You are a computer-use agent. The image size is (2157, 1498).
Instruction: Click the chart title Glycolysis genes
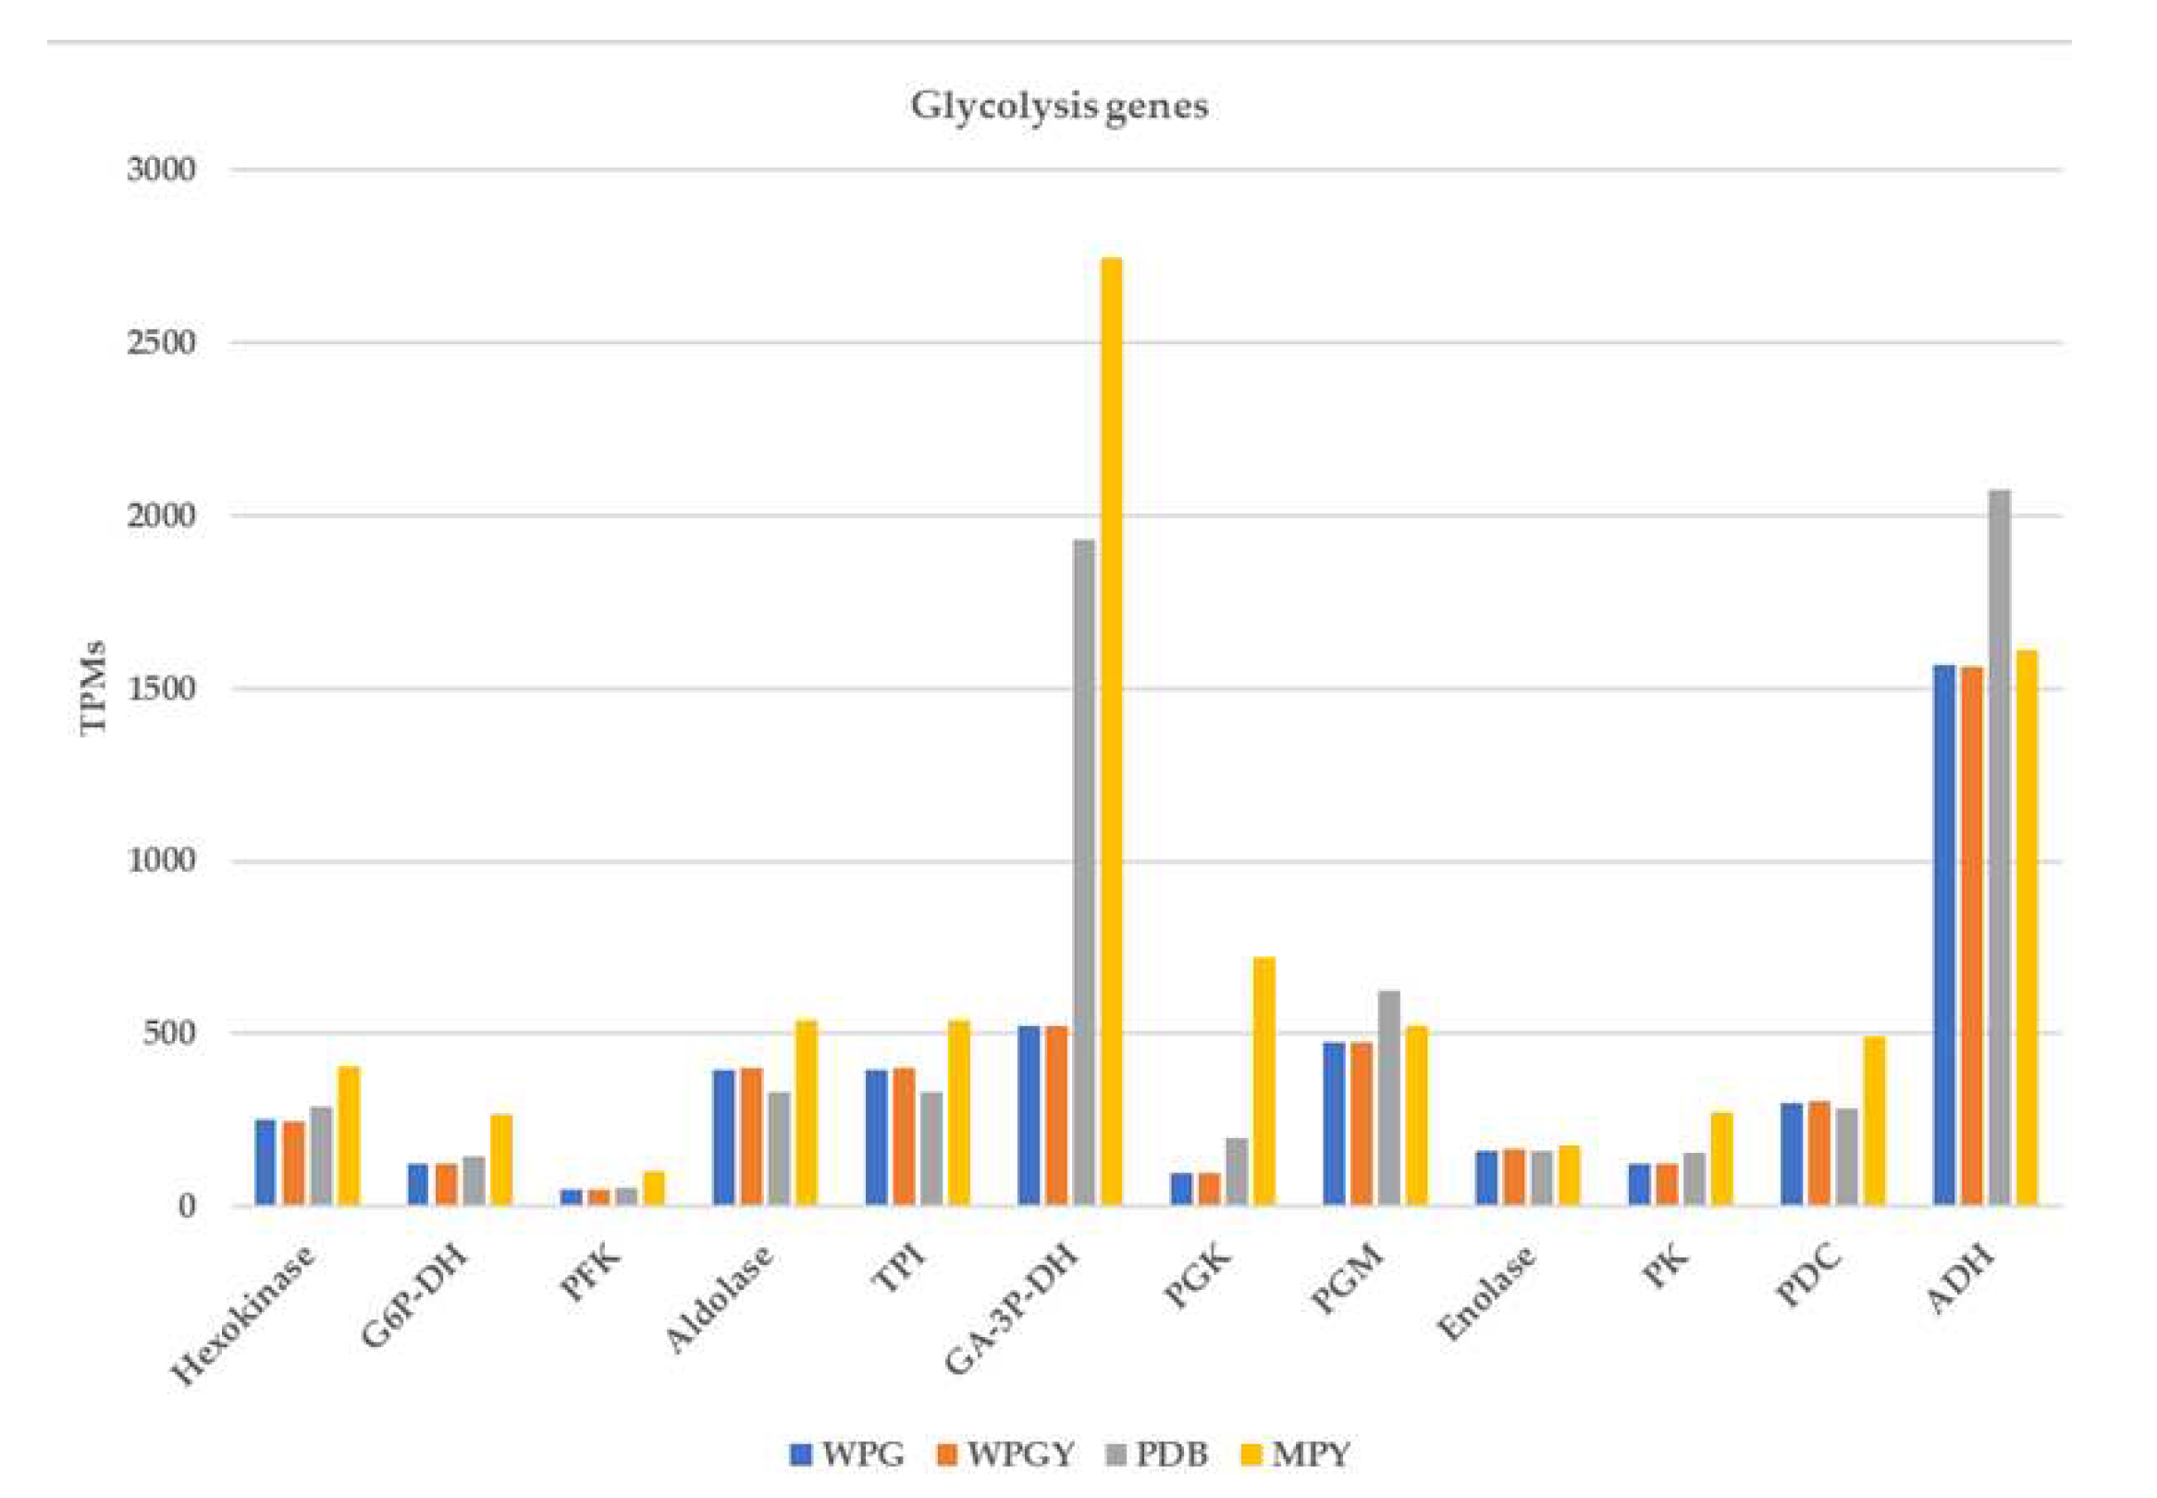tap(1058, 105)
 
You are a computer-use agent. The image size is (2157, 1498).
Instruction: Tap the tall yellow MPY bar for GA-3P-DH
tap(1111, 732)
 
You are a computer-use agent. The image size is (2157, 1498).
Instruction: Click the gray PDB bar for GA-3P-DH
tap(1084, 873)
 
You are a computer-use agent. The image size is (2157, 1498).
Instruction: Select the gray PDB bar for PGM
tap(1388, 1098)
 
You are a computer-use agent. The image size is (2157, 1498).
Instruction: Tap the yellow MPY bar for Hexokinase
tap(349, 1135)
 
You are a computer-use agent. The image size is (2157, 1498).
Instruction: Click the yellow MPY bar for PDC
tap(1874, 1121)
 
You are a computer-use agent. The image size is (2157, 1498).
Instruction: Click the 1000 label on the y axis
tap(161, 860)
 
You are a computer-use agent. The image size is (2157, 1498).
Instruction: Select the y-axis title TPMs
tap(92, 688)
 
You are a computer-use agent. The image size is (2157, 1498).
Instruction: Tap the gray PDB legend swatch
tap(1115, 1455)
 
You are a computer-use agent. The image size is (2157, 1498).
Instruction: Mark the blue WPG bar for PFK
tap(571, 1197)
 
